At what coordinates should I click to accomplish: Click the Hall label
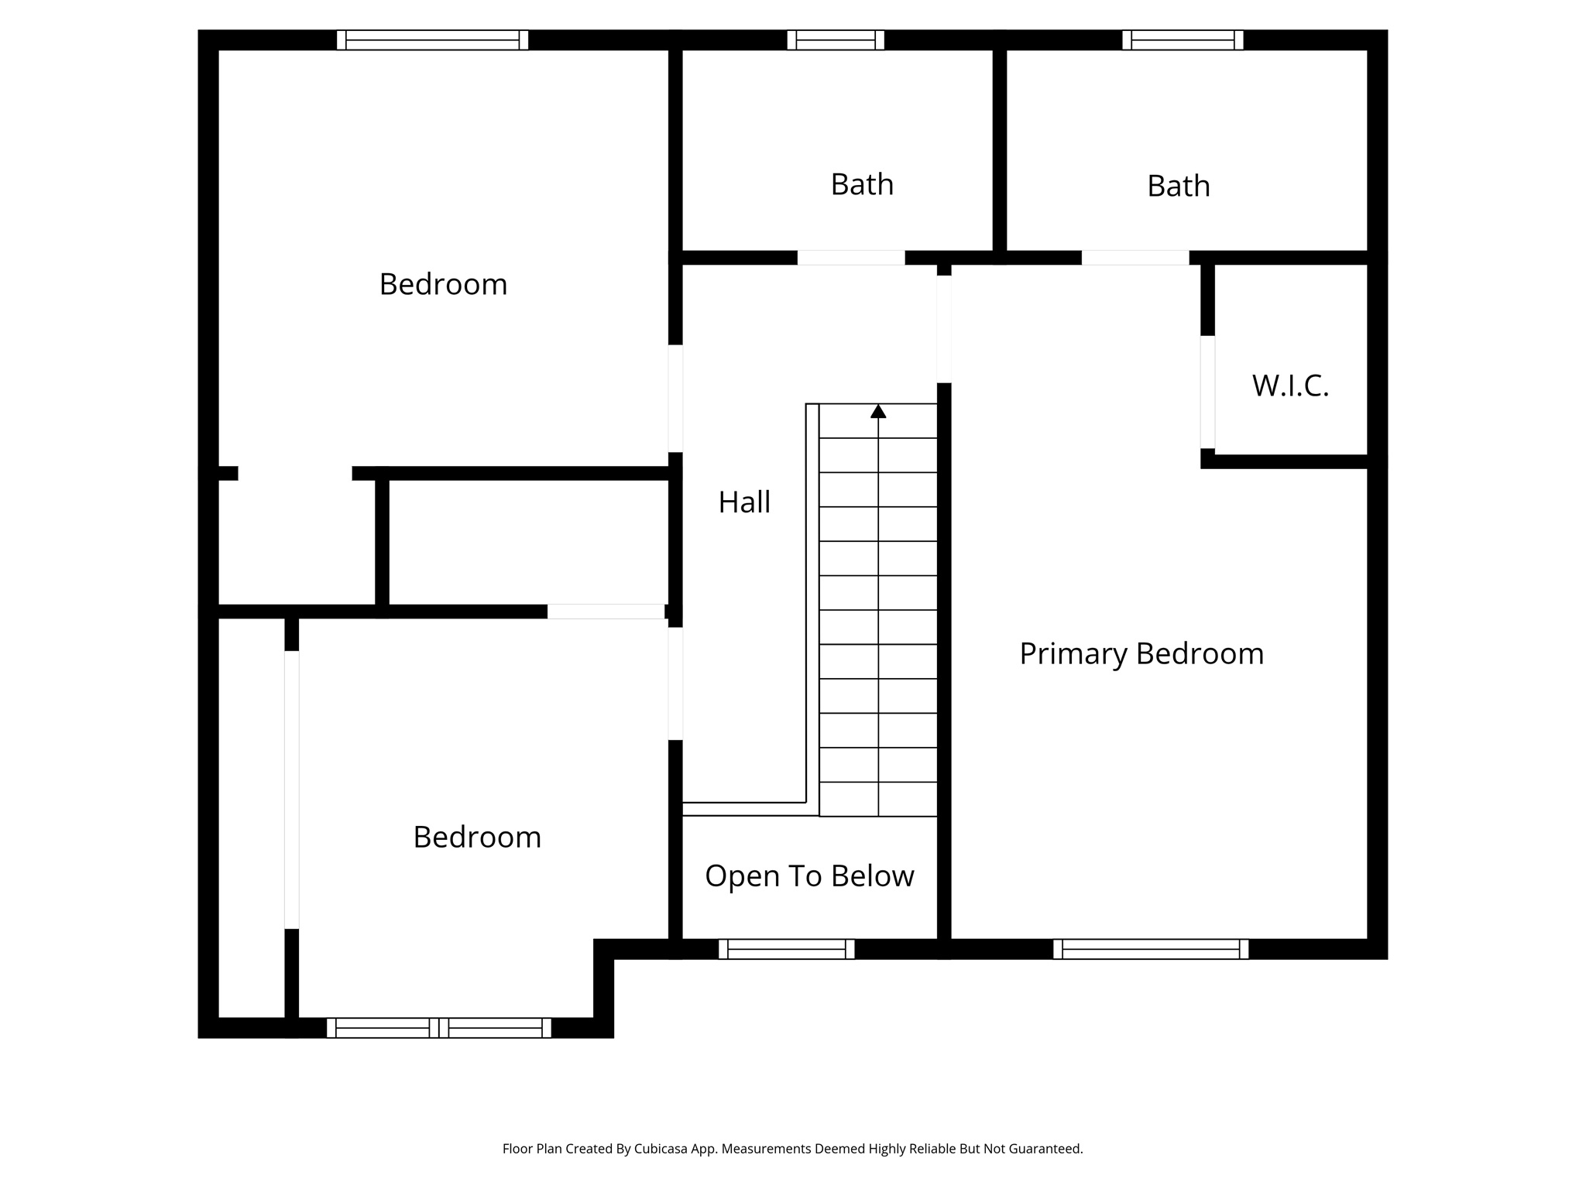744,502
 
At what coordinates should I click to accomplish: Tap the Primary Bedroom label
1141,654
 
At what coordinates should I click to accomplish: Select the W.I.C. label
1290,385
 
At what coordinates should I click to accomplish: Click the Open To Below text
809,876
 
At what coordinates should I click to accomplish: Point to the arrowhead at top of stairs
878,412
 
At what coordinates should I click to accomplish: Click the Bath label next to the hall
862,185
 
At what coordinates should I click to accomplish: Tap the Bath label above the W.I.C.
1178,187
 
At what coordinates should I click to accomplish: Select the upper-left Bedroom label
443,285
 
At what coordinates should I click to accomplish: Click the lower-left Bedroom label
477,838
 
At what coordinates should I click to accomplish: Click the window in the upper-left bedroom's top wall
432,40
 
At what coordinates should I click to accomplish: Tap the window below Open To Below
786,949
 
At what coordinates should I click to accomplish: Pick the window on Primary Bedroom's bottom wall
1150,949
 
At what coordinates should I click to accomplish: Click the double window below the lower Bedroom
438,1028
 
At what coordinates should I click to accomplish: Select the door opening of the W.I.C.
1207,392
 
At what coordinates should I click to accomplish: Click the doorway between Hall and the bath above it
851,258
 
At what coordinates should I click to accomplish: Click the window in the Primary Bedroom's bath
1183,40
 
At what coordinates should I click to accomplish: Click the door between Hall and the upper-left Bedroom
675,399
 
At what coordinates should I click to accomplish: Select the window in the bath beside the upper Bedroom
836,40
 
